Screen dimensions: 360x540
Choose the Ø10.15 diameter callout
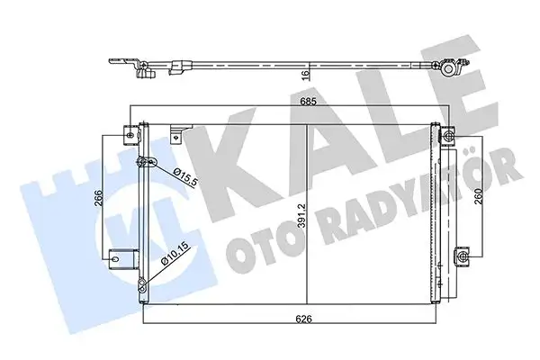pyautogui.click(x=172, y=262)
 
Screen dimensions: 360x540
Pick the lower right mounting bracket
pyautogui.click(x=463, y=256)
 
